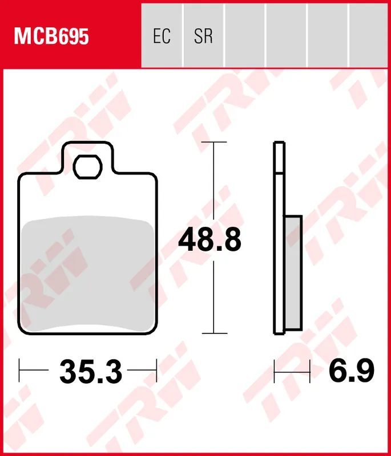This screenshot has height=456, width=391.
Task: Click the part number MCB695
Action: (x=51, y=36)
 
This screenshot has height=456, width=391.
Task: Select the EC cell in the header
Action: (x=162, y=36)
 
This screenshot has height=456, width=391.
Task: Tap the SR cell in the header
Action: (x=203, y=36)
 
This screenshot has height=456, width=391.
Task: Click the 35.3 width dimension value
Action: (x=91, y=372)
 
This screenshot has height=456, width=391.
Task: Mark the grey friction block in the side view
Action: (x=293, y=274)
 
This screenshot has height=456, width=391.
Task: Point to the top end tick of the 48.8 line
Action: (x=214, y=142)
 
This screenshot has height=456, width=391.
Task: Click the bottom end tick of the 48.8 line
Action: (x=214, y=333)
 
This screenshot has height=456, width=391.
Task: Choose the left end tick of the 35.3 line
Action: (x=20, y=372)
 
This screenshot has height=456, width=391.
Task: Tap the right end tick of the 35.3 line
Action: (x=156, y=372)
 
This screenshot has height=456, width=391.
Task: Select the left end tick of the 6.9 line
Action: (x=275, y=372)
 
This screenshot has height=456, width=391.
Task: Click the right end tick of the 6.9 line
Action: (x=309, y=372)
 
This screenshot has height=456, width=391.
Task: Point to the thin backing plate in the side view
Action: (x=279, y=239)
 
